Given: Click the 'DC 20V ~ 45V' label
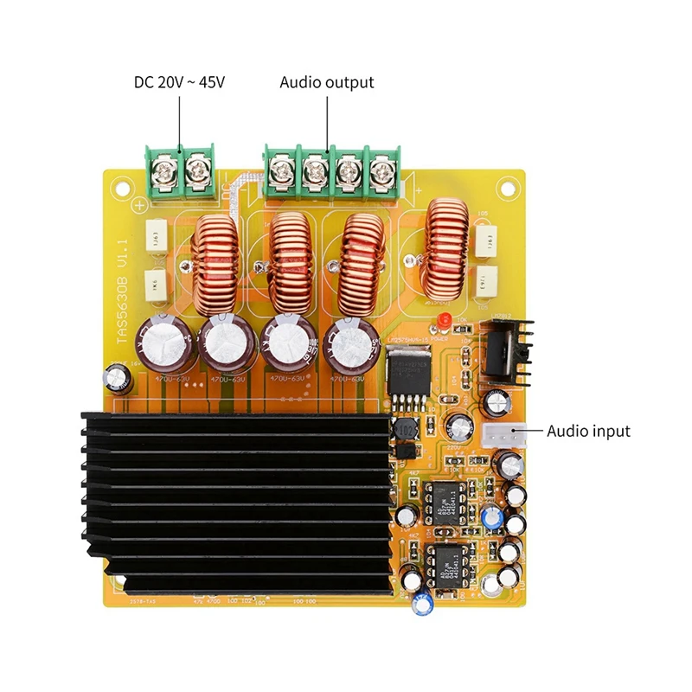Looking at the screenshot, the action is click(180, 83).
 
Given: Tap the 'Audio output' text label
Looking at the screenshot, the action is click(327, 83).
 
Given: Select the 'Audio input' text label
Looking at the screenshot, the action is click(588, 431).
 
